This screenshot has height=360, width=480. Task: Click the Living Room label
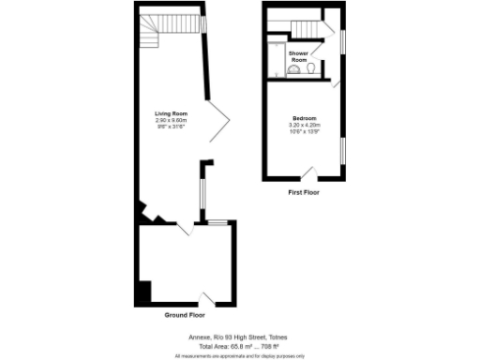[x=171, y=114]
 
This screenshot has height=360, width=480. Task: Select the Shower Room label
[x=299, y=56]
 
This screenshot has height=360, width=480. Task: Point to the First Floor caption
[x=303, y=192]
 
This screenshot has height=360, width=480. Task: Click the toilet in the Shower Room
[x=309, y=67]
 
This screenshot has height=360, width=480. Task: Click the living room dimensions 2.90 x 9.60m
[x=171, y=121]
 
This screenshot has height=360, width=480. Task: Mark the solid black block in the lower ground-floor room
[x=142, y=292]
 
